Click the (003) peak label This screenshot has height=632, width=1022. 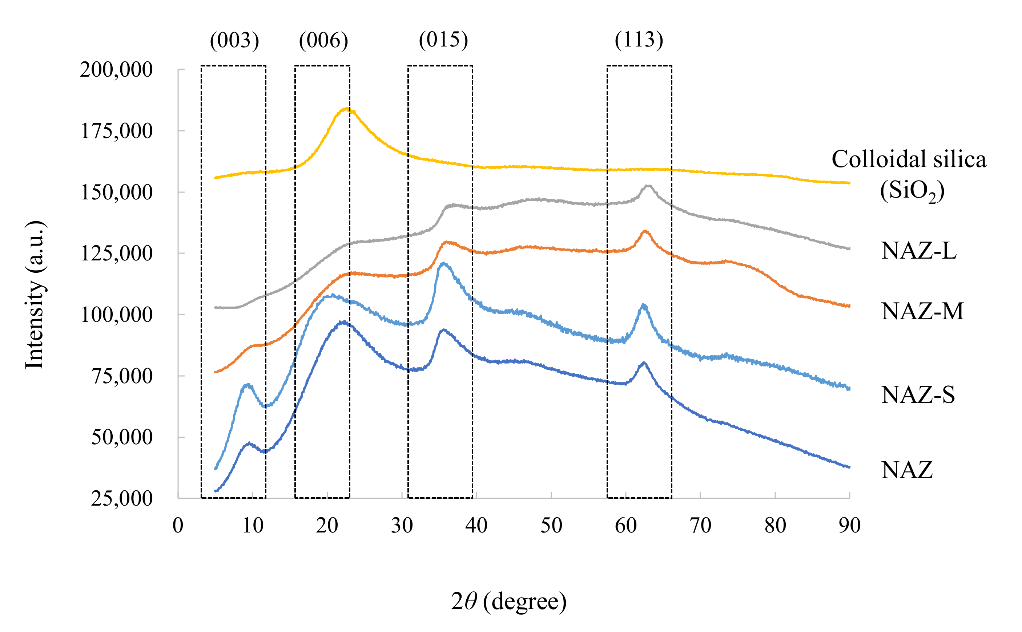click(234, 41)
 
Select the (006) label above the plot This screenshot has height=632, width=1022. click(323, 41)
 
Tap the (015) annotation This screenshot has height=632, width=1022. click(443, 40)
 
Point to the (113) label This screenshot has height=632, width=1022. click(639, 40)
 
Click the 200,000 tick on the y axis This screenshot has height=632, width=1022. click(116, 70)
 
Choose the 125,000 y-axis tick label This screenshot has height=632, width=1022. click(116, 253)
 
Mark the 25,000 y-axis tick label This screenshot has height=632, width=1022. click(121, 498)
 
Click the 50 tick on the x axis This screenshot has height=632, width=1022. click(551, 526)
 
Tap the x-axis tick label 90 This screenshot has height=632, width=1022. click(849, 526)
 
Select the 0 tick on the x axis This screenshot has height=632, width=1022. click(178, 526)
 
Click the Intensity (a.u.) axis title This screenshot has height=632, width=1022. click(35, 295)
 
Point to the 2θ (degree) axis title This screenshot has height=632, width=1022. click(509, 601)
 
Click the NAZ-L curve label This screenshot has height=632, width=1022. click(918, 251)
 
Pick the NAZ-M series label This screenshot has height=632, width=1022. click(922, 311)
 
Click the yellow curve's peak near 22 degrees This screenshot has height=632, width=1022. click(346, 109)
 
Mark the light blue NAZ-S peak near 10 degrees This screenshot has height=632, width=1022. click(248, 384)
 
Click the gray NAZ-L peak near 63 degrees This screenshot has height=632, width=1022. click(648, 186)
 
